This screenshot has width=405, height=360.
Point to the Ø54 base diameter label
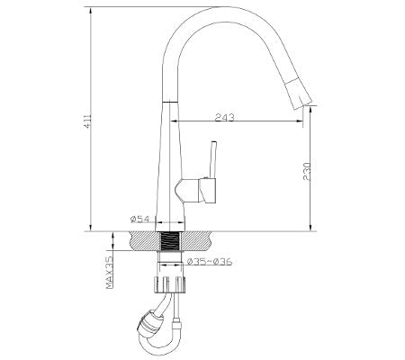(x=139, y=219)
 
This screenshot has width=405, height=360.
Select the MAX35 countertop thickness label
(x=108, y=271)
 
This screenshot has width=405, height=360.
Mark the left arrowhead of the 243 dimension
(x=171, y=122)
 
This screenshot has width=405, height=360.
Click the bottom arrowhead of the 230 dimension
(x=310, y=227)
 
